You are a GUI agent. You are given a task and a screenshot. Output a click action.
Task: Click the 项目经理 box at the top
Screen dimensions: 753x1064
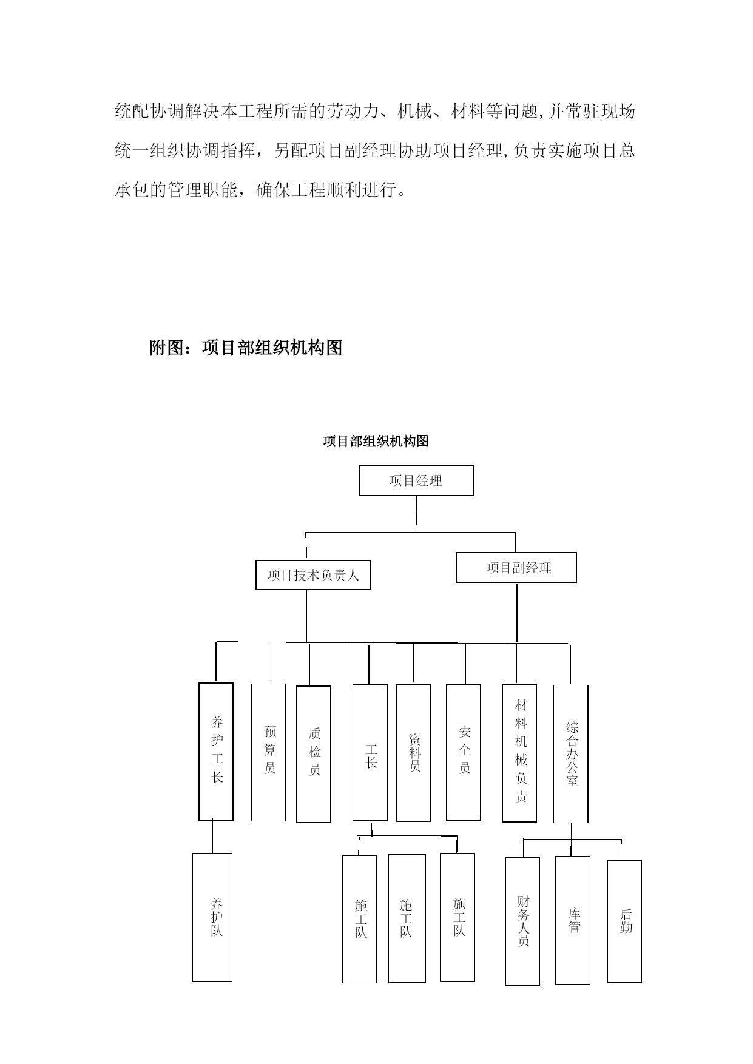(416, 480)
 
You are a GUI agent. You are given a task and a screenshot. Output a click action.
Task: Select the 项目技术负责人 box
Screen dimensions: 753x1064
(313, 574)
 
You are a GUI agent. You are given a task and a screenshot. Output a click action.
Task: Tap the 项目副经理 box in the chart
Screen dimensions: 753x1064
(516, 568)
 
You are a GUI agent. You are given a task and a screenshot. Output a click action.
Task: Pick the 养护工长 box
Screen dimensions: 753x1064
(216, 752)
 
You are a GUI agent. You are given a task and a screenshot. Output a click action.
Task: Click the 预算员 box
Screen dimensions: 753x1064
(268, 752)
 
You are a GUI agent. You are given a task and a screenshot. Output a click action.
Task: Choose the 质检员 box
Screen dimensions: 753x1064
(314, 754)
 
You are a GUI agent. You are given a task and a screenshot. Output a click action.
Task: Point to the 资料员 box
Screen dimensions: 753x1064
(414, 753)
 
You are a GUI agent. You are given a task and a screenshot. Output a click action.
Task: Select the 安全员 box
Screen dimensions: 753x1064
(464, 752)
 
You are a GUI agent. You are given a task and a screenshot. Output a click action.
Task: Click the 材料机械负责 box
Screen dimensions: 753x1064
(519, 753)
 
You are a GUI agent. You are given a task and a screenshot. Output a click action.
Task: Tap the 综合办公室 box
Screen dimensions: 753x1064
(571, 754)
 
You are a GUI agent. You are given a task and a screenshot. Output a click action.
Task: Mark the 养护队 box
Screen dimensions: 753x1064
(212, 917)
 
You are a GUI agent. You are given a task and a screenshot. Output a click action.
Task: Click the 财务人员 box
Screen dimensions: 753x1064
(522, 921)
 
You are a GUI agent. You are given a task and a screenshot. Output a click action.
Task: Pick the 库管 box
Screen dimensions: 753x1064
(573, 920)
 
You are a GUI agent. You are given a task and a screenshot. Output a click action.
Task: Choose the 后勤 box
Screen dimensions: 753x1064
(624, 921)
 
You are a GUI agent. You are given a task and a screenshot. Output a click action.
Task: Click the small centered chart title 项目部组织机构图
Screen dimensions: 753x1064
(376, 441)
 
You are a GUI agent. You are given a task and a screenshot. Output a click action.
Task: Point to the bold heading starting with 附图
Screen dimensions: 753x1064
(246, 348)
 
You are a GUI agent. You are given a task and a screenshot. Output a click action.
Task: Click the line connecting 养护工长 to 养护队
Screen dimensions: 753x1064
(212, 837)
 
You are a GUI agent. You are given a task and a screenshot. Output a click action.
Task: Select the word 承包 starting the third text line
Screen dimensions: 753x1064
(132, 190)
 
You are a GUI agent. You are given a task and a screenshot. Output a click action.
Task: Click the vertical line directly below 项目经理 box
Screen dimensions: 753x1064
(416, 514)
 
